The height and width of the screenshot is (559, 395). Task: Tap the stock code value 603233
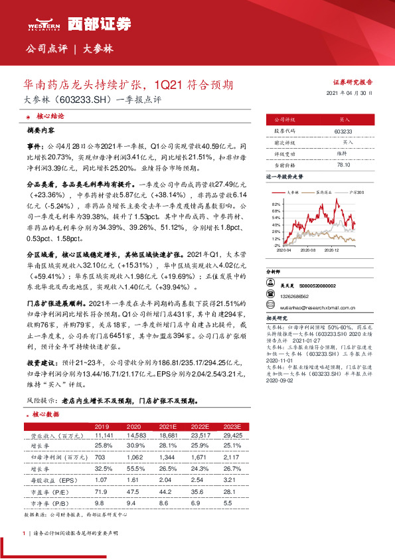(344, 132)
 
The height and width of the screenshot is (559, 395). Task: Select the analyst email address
(313, 306)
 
